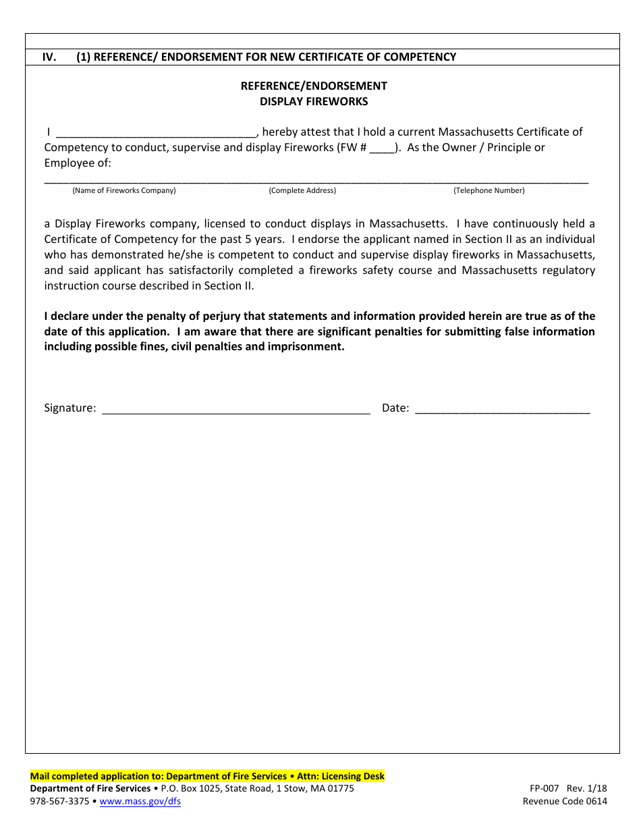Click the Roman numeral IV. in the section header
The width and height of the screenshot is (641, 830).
49,57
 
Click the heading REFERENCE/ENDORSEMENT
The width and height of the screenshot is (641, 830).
314,86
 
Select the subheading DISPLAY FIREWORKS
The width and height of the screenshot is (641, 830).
314,101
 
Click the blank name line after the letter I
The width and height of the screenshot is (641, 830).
156,132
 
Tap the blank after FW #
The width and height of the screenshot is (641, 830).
382,148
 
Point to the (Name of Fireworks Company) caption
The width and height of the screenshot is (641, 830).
124,190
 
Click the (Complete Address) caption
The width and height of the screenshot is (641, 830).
302,190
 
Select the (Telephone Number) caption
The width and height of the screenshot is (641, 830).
489,190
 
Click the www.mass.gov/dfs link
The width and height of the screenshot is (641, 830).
140,802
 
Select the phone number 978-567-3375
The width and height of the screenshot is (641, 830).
59,802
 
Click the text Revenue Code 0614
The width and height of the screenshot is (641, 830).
565,802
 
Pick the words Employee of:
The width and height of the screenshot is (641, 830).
78,163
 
